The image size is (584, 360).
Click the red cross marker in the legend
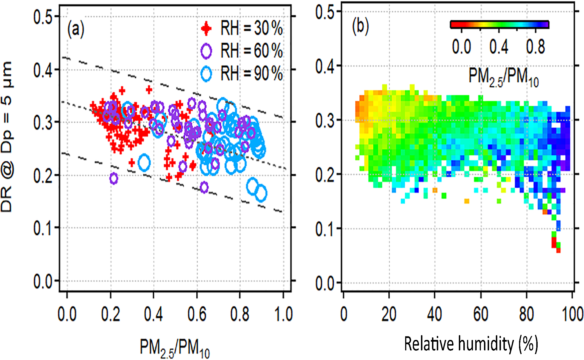[206, 29]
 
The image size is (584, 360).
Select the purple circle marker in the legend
[206, 51]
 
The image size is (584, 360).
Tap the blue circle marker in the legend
[206, 74]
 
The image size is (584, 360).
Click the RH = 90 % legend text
[251, 74]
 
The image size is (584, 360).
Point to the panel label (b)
[360, 27]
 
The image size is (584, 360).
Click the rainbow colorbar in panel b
[499, 25]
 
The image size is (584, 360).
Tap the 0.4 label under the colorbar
[499, 47]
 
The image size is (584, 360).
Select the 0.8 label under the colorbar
[535, 47]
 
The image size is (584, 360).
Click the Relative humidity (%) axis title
[471, 344]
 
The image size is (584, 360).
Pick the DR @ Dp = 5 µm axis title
[7, 137]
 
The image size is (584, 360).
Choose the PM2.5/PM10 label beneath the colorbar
[503, 77]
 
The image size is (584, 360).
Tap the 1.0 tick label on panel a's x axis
[283, 314]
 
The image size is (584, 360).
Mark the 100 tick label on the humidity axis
[572, 314]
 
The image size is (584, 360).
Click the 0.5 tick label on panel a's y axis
[43, 17]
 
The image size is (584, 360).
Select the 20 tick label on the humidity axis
[389, 314]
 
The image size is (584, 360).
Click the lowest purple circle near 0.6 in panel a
[204, 187]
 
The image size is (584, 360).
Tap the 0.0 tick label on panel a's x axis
[67, 314]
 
